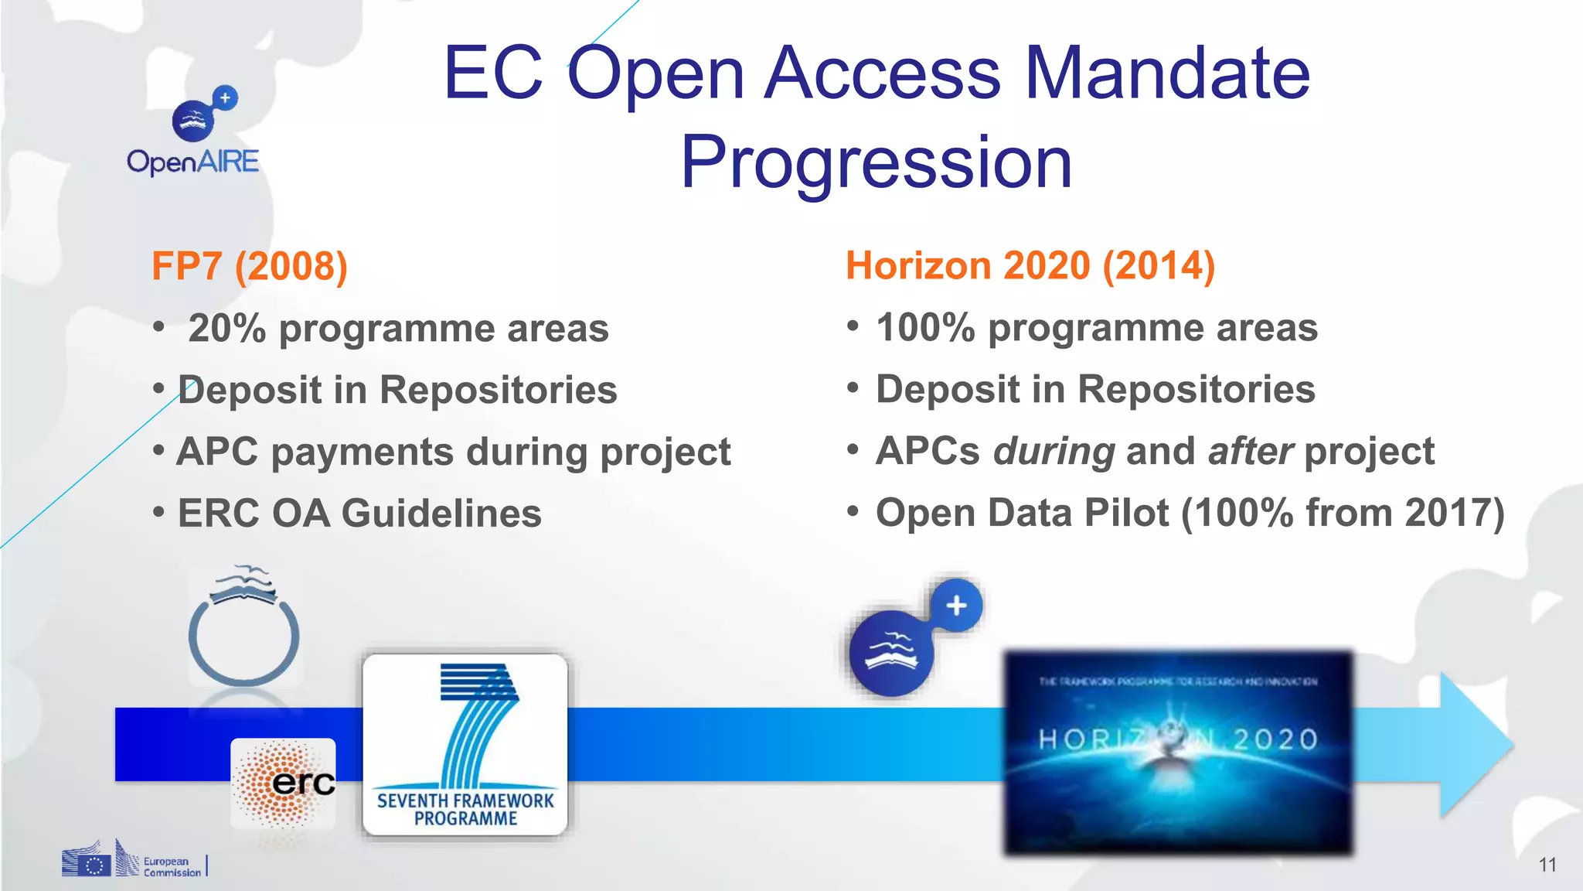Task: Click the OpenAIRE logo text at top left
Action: tap(192, 162)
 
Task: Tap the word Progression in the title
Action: tap(876, 162)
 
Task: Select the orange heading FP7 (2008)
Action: tap(250, 266)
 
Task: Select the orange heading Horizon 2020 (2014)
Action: tap(1030, 265)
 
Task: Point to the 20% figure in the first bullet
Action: tap(226, 329)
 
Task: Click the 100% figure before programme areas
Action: tap(925, 327)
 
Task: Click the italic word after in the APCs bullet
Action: tap(1250, 451)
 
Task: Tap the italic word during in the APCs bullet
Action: tap(1054, 451)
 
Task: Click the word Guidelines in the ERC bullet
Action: tap(441, 514)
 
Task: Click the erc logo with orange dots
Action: tap(284, 783)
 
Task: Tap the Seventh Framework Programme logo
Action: tap(465, 745)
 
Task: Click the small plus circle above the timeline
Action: tap(956, 606)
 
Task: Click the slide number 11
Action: tap(1547, 865)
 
